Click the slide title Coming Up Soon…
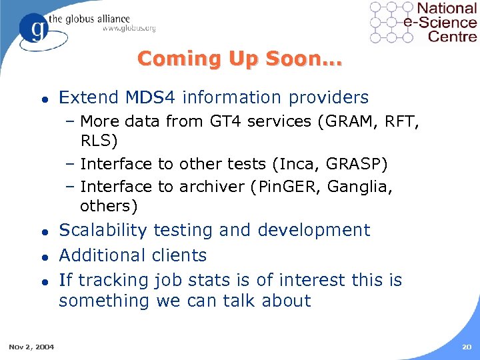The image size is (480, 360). pos(239,59)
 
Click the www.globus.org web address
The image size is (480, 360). pos(129,28)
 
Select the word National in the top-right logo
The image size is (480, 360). pos(447,9)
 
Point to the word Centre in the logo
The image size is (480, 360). pos(452,36)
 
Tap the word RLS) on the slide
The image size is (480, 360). pos(99,141)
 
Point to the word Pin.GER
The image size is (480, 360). pos(287,187)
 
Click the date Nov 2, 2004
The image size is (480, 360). pos(31,346)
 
